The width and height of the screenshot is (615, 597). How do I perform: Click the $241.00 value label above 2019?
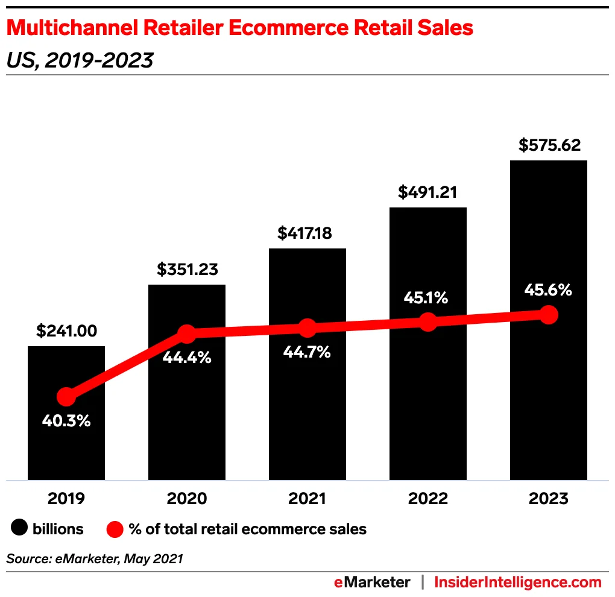point(66,330)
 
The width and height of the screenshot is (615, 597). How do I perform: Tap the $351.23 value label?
point(187,269)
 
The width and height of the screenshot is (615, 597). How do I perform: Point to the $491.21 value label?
point(427,192)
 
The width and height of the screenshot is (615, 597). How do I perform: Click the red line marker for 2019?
point(66,397)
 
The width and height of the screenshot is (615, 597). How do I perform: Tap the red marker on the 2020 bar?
point(187,333)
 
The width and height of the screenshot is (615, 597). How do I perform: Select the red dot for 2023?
point(548,314)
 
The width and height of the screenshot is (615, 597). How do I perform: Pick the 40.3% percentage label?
point(66,421)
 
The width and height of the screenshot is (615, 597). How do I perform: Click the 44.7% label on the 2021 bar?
point(307,352)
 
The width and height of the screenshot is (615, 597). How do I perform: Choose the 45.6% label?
point(547,290)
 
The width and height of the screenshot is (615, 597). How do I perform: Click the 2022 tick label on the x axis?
point(427,499)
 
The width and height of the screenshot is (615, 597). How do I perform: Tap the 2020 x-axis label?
point(187,499)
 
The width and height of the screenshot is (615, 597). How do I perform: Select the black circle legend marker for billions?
point(19,529)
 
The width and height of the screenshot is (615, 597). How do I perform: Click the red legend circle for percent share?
point(115,529)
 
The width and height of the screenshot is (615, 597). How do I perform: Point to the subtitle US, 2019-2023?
point(80,60)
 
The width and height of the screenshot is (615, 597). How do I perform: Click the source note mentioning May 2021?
point(95,558)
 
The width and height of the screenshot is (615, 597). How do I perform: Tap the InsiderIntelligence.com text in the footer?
point(518,582)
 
